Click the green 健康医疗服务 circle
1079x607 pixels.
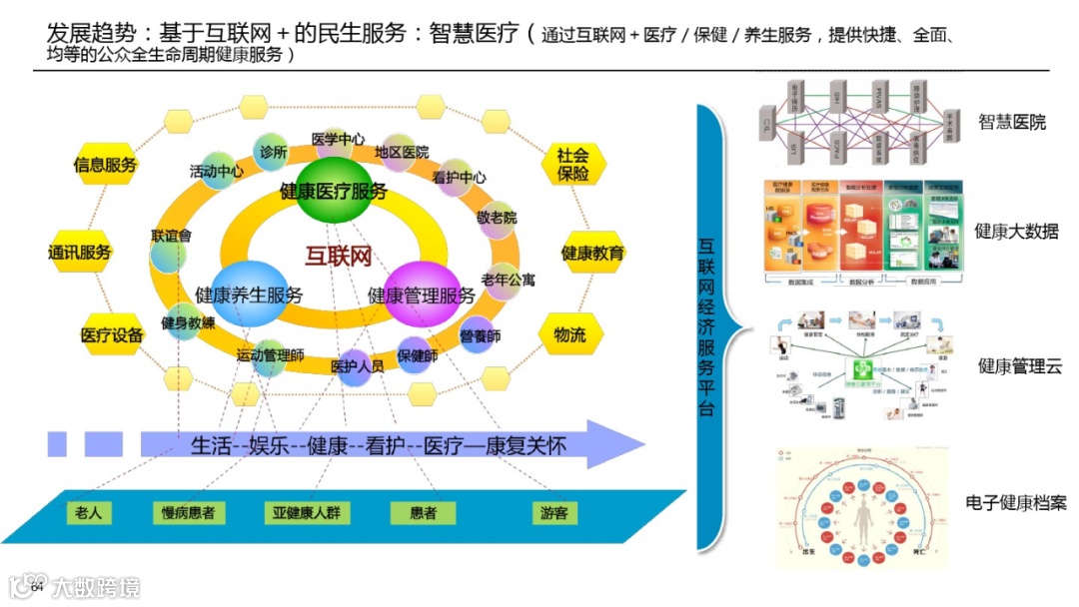(334, 191)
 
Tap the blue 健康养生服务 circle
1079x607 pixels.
(250, 296)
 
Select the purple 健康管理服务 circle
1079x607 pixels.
(422, 296)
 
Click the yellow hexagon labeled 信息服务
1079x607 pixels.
(105, 165)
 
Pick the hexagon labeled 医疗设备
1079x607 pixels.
(112, 335)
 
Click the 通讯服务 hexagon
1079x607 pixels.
(81, 253)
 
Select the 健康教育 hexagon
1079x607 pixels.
(592, 253)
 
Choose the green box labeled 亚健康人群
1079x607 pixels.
(308, 513)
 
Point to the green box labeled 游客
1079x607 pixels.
(553, 513)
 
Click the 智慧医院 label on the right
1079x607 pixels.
(1012, 122)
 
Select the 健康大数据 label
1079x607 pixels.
(1016, 232)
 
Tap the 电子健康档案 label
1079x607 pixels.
(1016, 502)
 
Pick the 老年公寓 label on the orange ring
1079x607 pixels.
(508, 281)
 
